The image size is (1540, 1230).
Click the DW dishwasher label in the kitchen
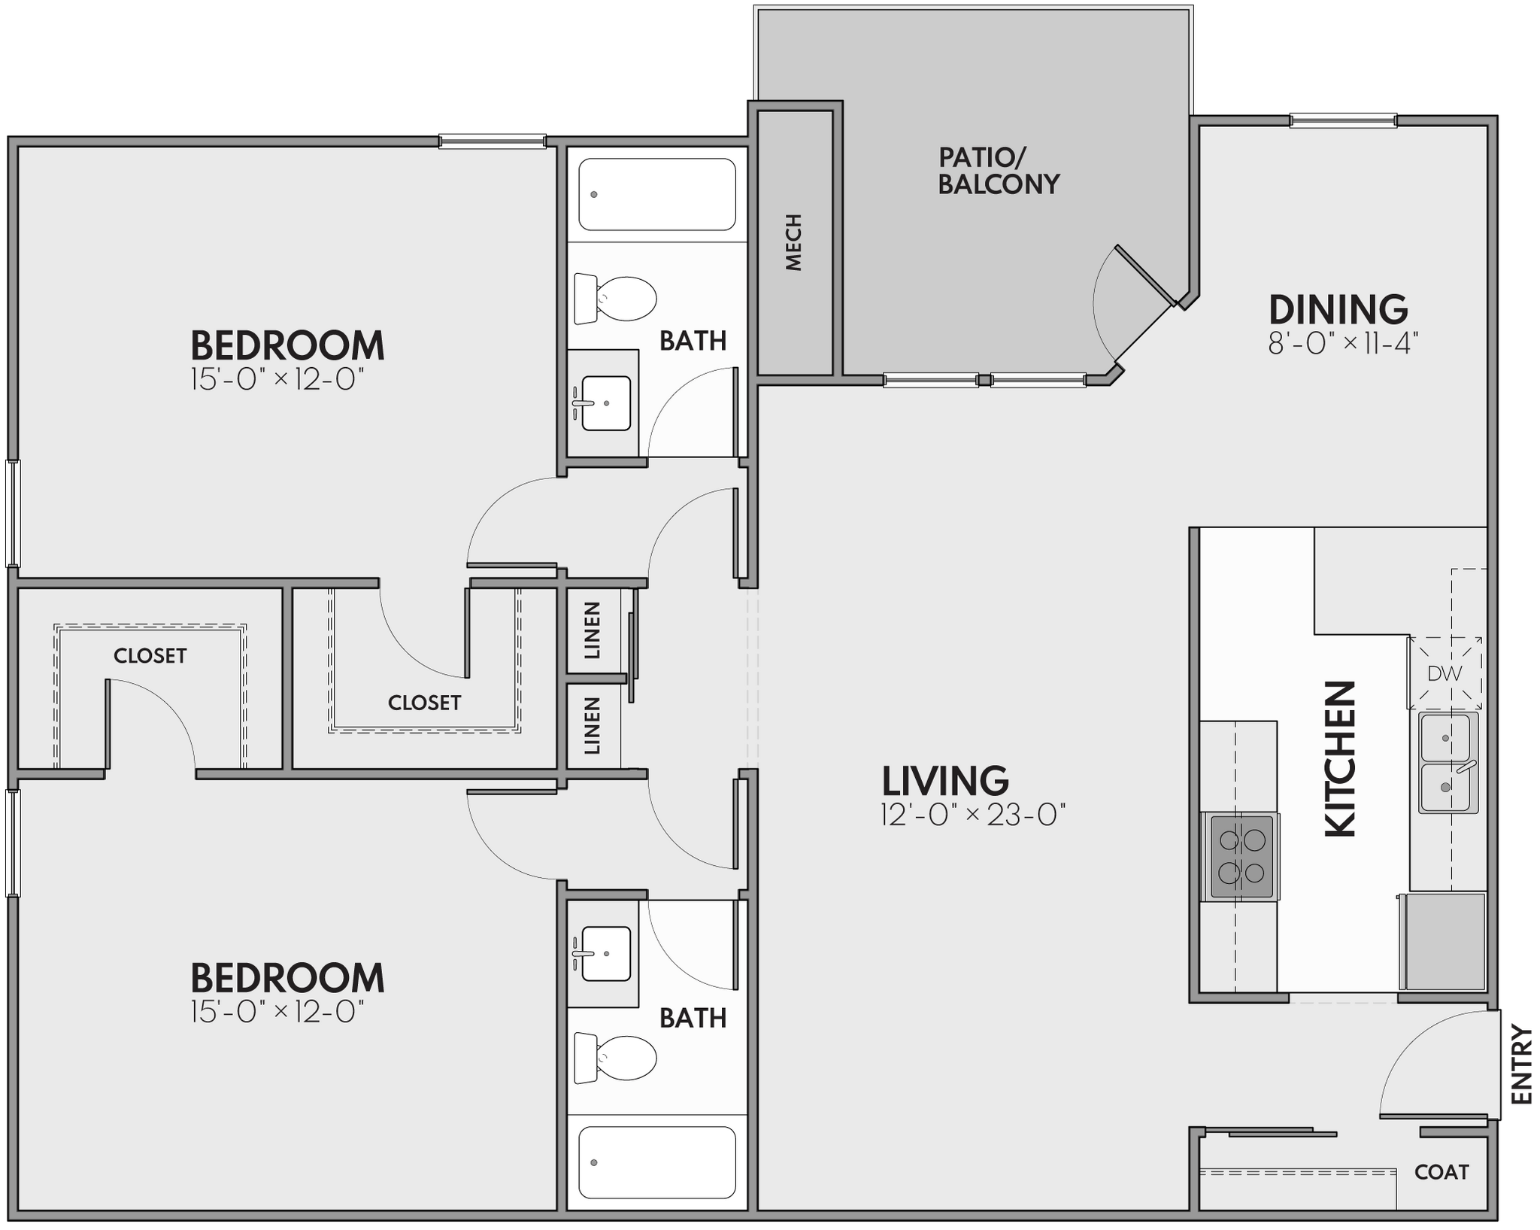click(x=1445, y=673)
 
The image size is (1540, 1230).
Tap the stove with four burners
click(x=1240, y=855)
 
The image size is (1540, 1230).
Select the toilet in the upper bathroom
click(x=615, y=298)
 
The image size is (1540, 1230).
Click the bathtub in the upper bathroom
click(x=656, y=194)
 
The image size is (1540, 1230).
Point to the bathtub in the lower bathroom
click(x=656, y=1162)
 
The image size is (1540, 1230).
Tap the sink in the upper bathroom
click(x=605, y=403)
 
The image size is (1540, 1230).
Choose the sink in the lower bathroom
click(x=605, y=954)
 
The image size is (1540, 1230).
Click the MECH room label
click(x=794, y=242)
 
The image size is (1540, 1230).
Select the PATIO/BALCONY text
click(x=998, y=171)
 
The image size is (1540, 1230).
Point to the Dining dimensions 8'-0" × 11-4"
click(x=1343, y=344)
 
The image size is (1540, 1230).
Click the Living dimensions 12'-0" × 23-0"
click(x=974, y=815)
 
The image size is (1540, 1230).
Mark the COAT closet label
click(x=1441, y=1172)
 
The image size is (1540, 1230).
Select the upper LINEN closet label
click(x=593, y=630)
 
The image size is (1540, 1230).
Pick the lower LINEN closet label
click(x=593, y=725)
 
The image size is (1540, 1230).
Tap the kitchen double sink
click(x=1448, y=763)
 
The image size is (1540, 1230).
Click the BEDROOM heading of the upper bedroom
click(x=287, y=346)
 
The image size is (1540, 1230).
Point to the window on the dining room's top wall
click(x=1343, y=120)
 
